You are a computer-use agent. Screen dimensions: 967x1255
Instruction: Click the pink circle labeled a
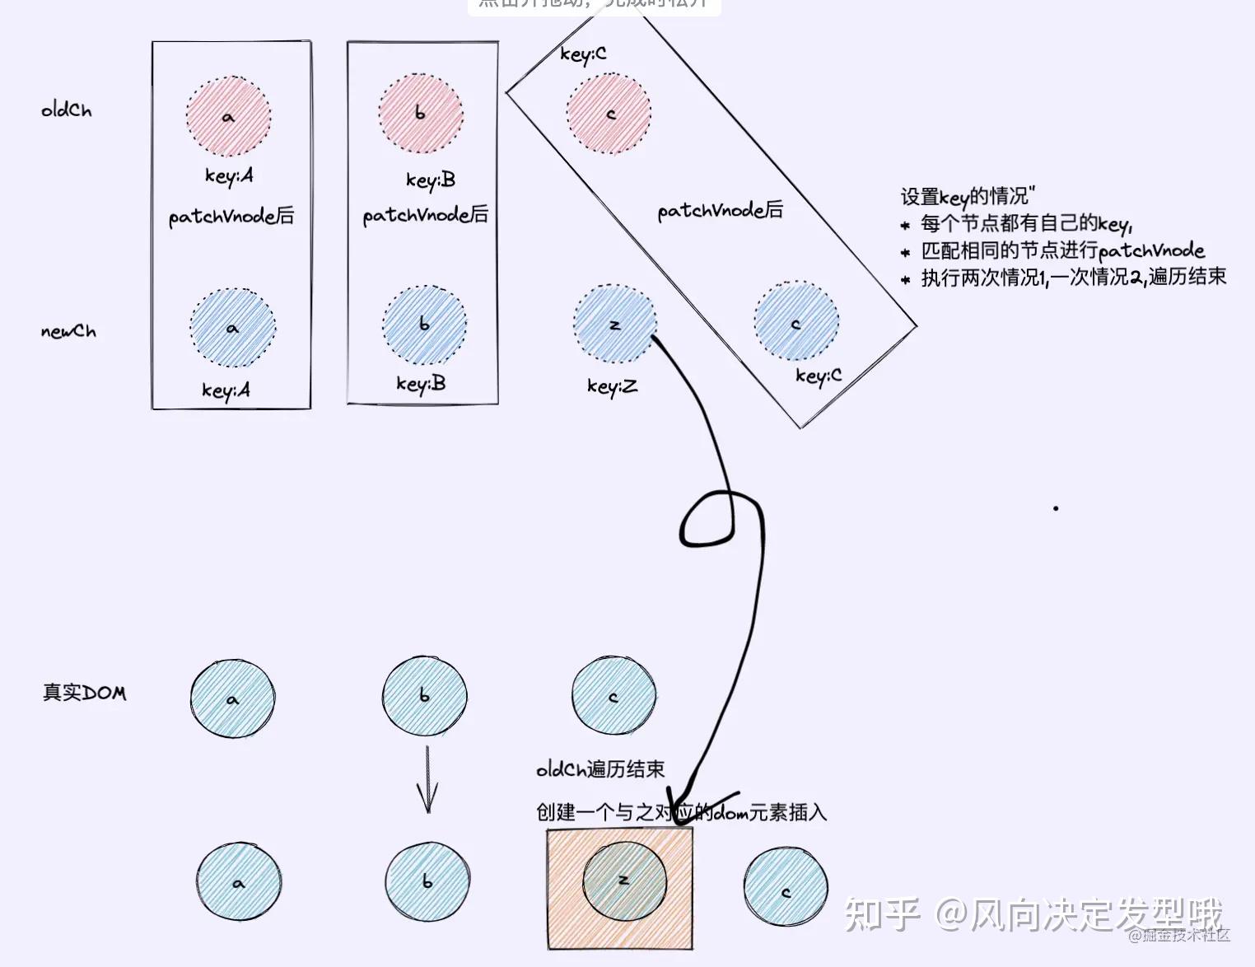(229, 116)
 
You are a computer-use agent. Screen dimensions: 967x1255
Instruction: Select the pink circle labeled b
(421, 114)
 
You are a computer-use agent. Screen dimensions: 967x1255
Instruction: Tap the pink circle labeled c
(609, 114)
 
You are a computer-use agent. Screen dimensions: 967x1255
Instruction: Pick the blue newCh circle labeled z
(615, 325)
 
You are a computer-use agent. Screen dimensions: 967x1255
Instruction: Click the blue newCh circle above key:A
(233, 328)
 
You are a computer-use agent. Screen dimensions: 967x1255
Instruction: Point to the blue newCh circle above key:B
(425, 325)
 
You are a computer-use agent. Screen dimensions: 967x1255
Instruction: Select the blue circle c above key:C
(796, 322)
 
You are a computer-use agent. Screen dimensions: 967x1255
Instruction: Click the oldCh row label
(67, 110)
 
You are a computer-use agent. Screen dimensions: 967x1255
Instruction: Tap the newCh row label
(68, 331)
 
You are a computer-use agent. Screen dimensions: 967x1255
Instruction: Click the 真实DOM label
(85, 693)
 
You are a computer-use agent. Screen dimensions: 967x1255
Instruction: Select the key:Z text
(612, 386)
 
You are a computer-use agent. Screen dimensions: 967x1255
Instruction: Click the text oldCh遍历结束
(600, 769)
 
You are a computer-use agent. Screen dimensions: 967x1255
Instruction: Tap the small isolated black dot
(1056, 508)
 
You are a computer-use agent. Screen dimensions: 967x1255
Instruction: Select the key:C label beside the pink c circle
(583, 54)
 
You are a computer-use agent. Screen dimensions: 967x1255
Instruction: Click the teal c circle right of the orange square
(786, 892)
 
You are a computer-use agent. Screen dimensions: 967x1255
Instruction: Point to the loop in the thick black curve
(707, 519)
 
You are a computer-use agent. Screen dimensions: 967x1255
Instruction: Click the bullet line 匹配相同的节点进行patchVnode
(1062, 250)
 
